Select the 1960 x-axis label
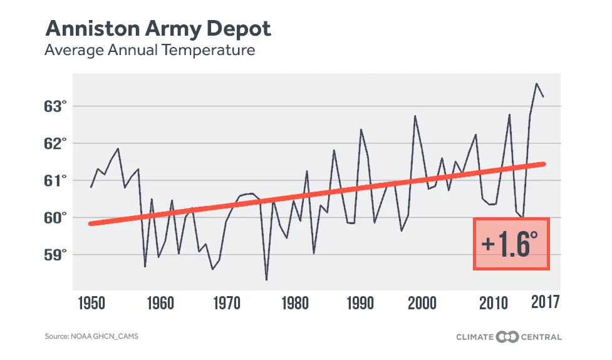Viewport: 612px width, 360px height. point(160,304)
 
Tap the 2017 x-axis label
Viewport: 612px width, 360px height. point(544,304)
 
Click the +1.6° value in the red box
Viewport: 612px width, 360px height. point(511,244)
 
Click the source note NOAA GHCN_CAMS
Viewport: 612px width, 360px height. point(91,337)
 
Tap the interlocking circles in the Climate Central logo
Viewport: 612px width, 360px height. point(508,337)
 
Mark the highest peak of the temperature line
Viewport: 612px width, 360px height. point(536,83)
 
